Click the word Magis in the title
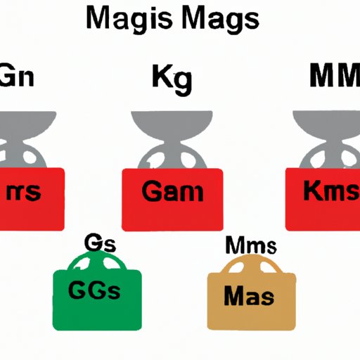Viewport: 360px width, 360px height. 129,20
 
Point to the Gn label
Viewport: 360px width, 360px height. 17,75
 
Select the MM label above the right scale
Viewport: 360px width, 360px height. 335,75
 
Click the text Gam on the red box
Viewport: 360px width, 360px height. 172,192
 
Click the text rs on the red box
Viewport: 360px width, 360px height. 23,191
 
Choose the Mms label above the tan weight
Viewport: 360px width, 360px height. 251,245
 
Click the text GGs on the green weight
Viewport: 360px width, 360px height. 94,290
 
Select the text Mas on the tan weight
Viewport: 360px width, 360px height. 249,296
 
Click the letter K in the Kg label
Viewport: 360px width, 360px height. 160,76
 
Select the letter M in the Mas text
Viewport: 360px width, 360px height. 233,296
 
